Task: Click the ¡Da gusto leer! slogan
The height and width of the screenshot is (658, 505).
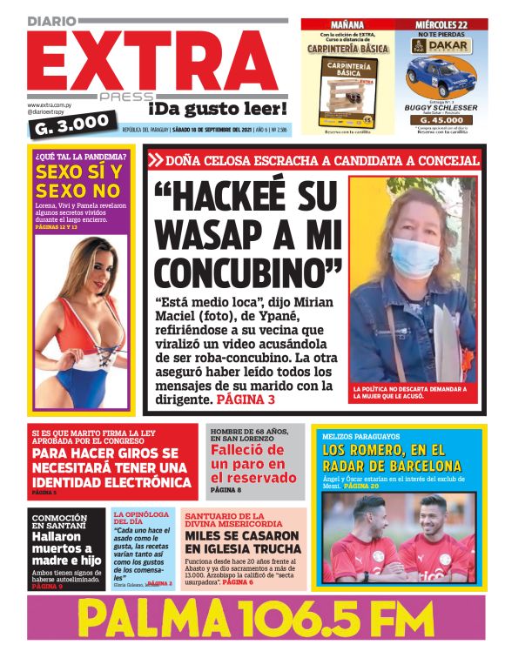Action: (217, 110)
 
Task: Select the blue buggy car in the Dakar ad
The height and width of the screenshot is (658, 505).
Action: (442, 77)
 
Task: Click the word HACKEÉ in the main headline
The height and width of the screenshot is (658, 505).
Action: (234, 199)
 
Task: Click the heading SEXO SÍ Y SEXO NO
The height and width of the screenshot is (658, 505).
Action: (77, 181)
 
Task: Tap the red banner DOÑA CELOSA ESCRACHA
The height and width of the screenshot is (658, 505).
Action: (313, 160)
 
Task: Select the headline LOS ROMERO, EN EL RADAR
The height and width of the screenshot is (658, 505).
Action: (397, 458)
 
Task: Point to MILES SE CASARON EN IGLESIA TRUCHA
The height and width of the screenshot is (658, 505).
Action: (241, 543)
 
